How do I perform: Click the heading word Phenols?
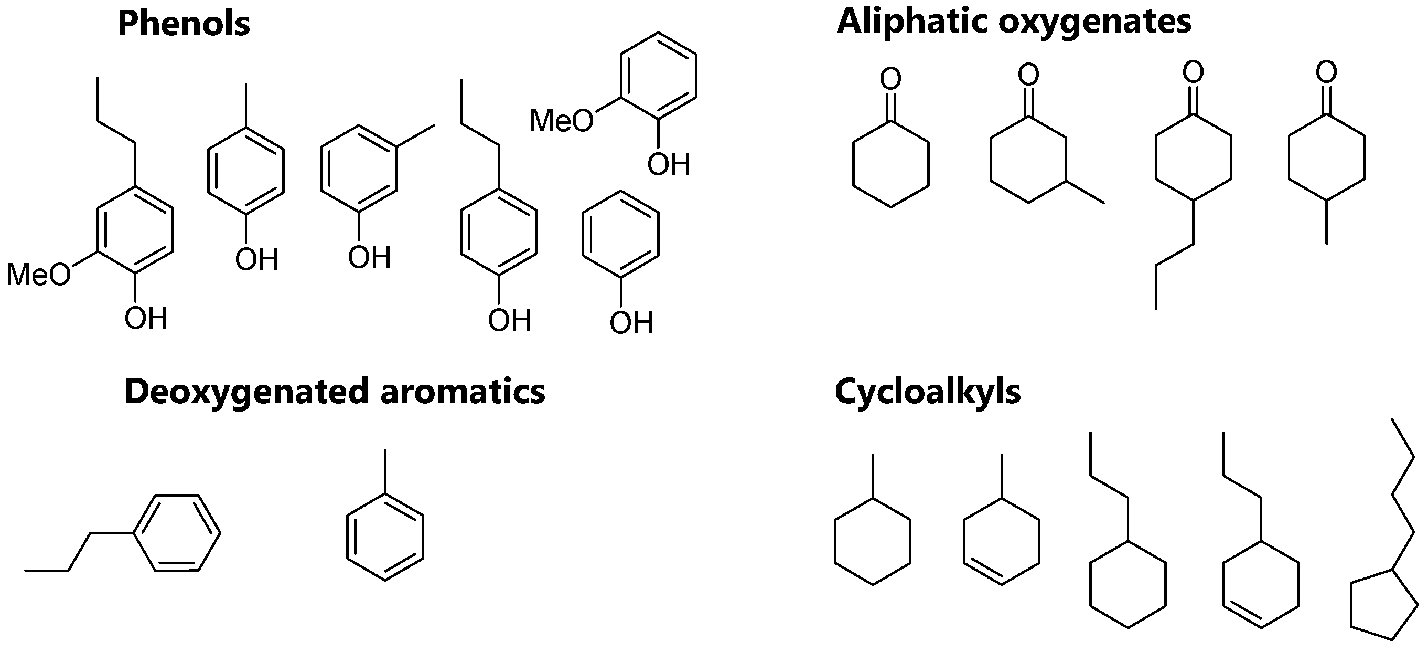(184, 25)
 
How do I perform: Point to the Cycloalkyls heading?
(927, 392)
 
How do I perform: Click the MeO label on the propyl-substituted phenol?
(39, 275)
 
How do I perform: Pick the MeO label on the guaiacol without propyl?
(562, 120)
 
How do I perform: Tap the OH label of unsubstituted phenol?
(631, 323)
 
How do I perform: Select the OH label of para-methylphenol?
(256, 260)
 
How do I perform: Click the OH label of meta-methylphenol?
(369, 257)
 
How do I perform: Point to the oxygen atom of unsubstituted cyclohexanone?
(890, 79)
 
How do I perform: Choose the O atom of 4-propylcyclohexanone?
(1193, 72)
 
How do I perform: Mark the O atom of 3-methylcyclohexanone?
(1028, 75)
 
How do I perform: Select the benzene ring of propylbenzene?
(177, 533)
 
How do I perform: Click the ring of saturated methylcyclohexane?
(873, 542)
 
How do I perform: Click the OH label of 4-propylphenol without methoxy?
(509, 320)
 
